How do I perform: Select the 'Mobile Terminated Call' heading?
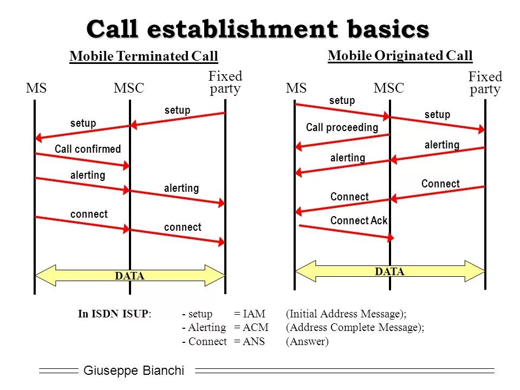tap(144, 56)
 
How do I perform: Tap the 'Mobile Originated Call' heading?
tap(400, 55)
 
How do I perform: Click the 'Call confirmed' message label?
tap(88, 149)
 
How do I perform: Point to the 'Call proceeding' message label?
tap(342, 128)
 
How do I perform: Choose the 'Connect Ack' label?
tap(359, 220)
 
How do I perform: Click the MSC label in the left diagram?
tap(129, 88)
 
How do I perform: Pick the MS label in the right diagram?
tap(296, 88)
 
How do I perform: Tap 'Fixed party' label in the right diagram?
tap(485, 83)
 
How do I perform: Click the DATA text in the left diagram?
tap(130, 276)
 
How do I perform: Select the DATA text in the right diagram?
tap(390, 272)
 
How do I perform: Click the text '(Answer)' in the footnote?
tap(307, 342)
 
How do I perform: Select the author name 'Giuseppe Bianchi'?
tap(134, 371)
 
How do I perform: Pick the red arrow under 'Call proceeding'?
tap(342, 141)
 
